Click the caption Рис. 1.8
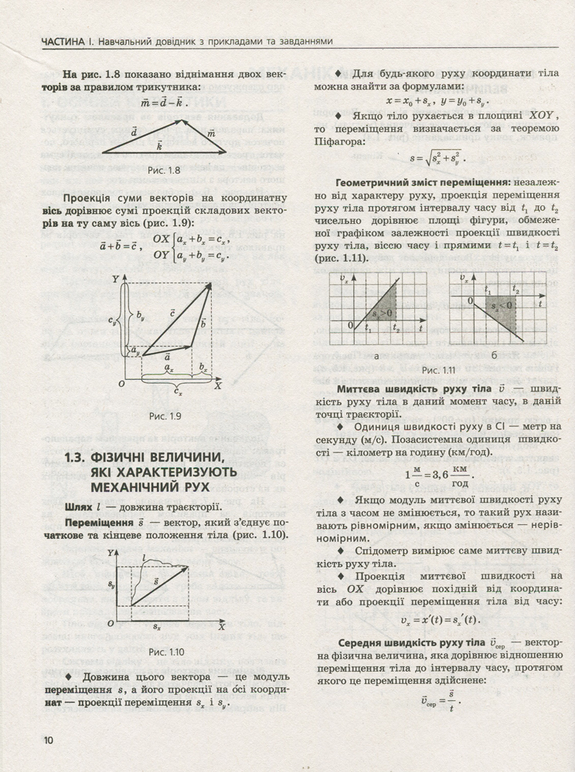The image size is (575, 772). [x=163, y=170]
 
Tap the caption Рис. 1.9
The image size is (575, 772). [x=165, y=416]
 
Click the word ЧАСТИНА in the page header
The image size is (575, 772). [x=70, y=40]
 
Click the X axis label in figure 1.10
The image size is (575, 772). [x=220, y=627]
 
